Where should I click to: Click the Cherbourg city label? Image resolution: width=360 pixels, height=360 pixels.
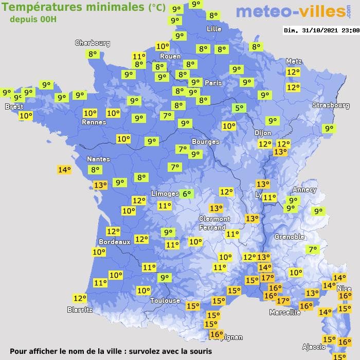point(93,43)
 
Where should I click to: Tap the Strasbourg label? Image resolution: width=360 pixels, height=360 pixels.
point(331,105)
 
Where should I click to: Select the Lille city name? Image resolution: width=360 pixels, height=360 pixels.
point(213,29)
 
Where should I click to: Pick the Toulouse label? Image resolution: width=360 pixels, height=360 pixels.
point(165,300)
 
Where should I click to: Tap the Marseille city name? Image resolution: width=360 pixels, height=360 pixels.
point(285,312)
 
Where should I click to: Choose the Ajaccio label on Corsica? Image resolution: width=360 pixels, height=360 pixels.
point(313,347)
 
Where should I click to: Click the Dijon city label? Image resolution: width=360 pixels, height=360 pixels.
point(263,133)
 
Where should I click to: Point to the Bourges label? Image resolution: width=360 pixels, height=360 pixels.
point(205,141)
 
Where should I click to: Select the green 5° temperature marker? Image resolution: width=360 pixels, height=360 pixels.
point(239,108)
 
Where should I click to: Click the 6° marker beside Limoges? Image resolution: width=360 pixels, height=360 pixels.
point(186,194)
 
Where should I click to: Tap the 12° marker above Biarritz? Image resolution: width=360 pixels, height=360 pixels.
point(80,298)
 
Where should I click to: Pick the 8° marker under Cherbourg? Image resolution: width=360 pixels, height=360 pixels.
point(93,54)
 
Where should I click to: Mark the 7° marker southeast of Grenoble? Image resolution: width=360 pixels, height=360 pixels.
point(312,250)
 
